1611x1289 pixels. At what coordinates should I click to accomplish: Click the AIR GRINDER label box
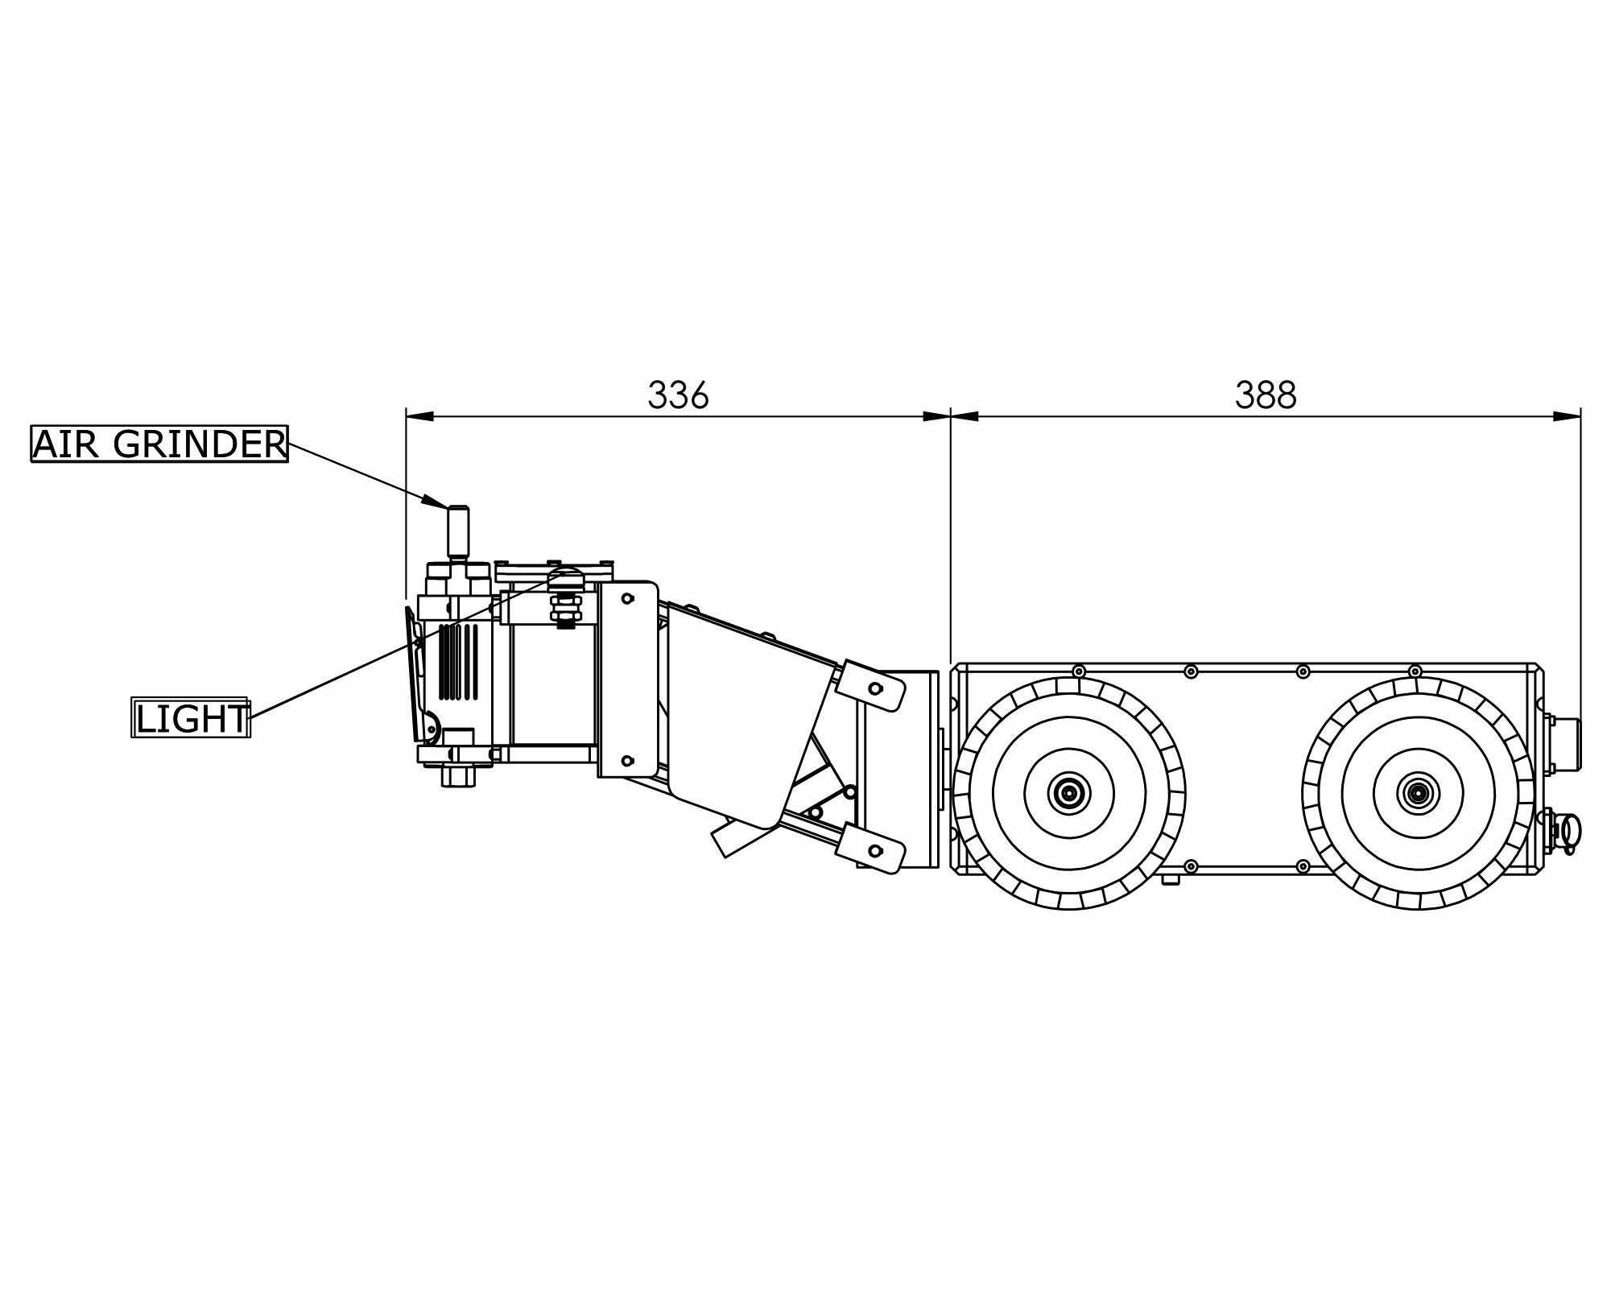pyautogui.click(x=159, y=444)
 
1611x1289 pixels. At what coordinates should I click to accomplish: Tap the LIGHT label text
pyautogui.click(x=192, y=718)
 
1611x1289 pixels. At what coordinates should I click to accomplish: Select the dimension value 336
pyautogui.click(x=678, y=395)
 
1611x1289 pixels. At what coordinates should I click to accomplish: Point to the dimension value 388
pyautogui.click(x=1266, y=395)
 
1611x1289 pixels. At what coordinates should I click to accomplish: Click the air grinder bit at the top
pyautogui.click(x=459, y=531)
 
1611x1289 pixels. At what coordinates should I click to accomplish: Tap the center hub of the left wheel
pyautogui.click(x=1068, y=794)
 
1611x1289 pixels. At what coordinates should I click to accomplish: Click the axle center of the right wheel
pyautogui.click(x=1418, y=794)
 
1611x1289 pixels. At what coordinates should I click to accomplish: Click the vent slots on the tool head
pyautogui.click(x=459, y=661)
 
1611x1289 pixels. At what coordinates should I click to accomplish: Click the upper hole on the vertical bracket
pyautogui.click(x=628, y=598)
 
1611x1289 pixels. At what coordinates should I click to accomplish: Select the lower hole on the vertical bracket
pyautogui.click(x=628, y=760)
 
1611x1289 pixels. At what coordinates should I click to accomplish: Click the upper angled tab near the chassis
pyautogui.click(x=870, y=686)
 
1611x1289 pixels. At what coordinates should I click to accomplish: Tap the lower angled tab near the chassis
pyautogui.click(x=870, y=848)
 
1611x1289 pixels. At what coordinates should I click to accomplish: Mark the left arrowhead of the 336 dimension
pyautogui.click(x=419, y=416)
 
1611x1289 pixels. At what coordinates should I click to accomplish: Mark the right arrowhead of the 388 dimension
pyautogui.click(x=1567, y=416)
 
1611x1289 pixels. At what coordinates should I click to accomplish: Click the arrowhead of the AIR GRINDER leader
pyautogui.click(x=436, y=502)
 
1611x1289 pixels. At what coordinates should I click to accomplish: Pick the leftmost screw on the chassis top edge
pyautogui.click(x=1078, y=671)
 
